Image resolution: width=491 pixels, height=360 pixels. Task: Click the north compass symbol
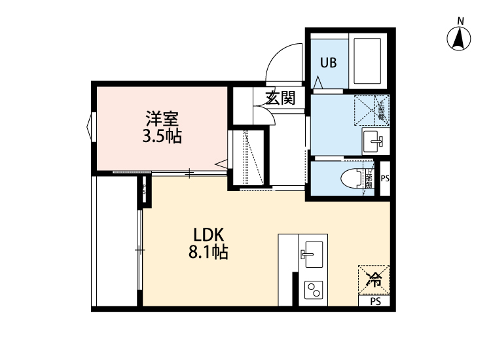[460, 39]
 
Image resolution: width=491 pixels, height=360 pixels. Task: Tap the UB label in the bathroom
[328, 63]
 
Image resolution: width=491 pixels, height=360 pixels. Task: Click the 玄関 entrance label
[280, 98]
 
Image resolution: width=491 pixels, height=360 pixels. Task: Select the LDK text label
[209, 234]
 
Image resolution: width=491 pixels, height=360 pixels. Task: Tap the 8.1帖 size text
[209, 251]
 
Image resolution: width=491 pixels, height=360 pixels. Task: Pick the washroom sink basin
[375, 139]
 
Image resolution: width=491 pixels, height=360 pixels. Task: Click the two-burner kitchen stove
[313, 289]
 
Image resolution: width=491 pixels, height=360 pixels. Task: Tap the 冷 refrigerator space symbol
[374, 280]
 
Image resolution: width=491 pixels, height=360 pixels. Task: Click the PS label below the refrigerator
[375, 302]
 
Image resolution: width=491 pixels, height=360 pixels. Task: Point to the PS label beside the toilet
[384, 177]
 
